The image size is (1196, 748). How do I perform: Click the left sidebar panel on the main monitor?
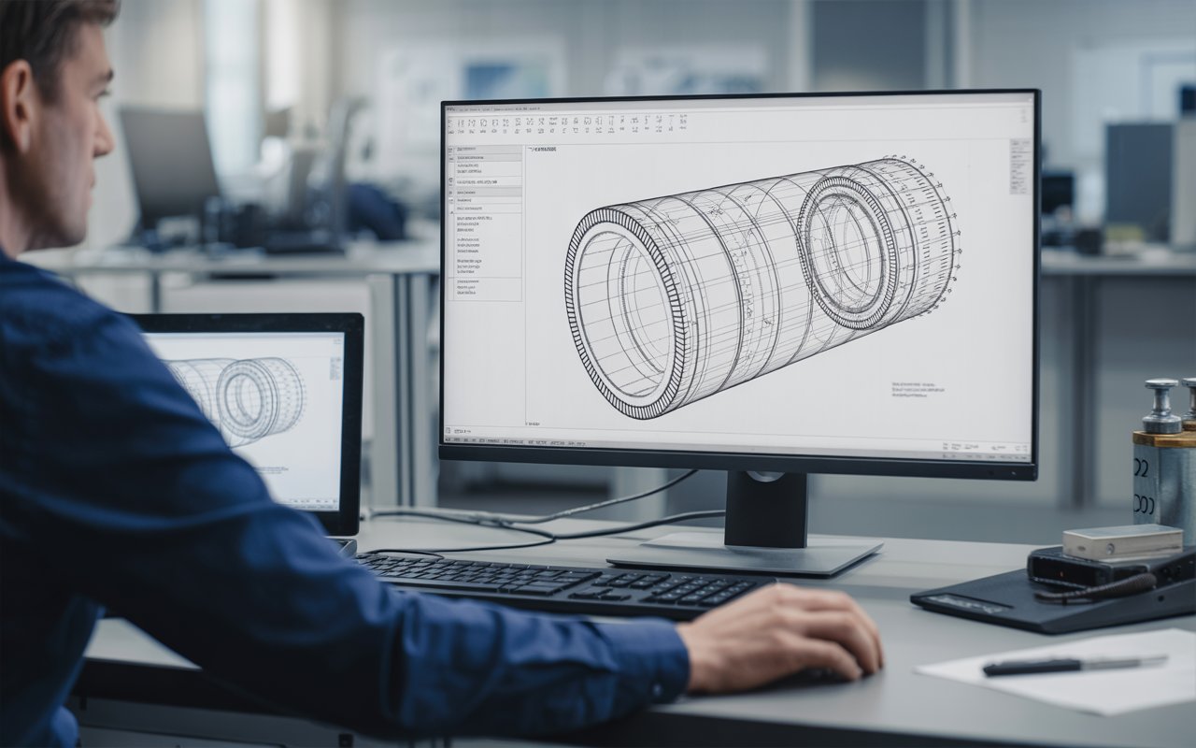click(x=486, y=224)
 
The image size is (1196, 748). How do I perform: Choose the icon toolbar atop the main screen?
click(x=570, y=122)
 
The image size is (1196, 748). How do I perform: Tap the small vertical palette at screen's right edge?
click(x=1019, y=166)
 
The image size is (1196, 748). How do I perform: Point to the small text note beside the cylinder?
click(x=918, y=388)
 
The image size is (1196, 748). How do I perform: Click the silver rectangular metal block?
click(x=1121, y=541)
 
